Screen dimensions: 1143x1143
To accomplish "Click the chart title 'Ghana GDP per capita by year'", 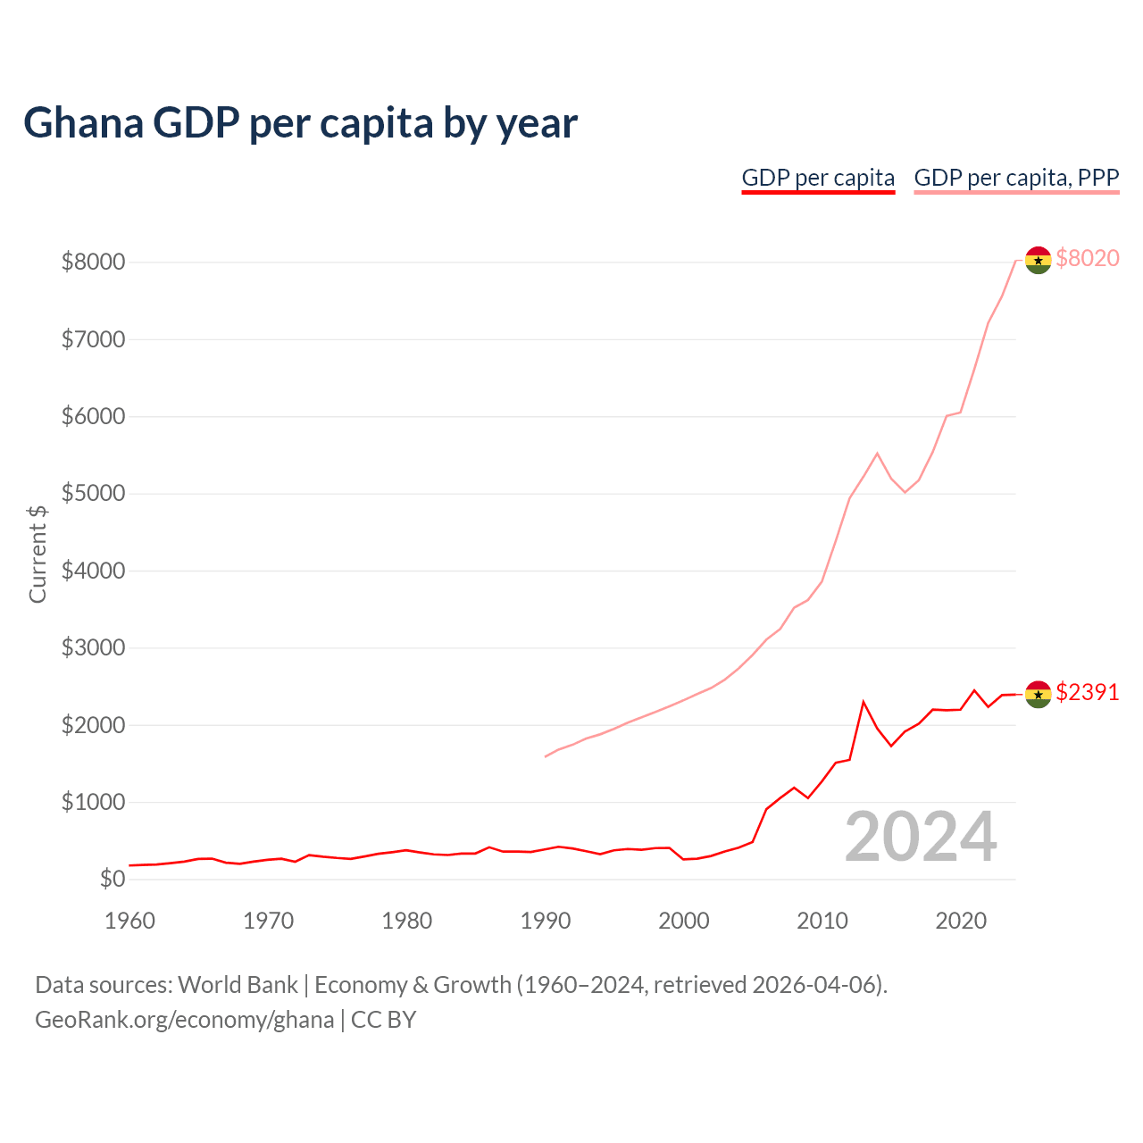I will (300, 122).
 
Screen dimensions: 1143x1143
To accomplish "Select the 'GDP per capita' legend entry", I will (818, 178).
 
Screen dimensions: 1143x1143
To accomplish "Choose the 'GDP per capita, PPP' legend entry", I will (1016, 178).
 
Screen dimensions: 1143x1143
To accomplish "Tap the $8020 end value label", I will (1087, 258).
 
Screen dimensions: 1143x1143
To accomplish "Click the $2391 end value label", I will (1087, 692).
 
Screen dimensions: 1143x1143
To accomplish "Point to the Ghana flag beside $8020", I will (1038, 260).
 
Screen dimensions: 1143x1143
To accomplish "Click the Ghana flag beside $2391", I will (1038, 694).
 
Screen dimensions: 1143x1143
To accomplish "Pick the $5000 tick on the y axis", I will (93, 493).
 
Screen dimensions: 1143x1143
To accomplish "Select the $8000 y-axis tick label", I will (93, 262).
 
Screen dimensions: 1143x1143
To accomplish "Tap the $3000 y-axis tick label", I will (93, 647).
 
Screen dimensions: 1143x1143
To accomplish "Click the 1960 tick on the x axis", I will (130, 920).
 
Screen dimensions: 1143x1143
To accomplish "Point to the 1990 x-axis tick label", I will (546, 920).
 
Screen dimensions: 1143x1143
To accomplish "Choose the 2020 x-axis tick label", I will (961, 920).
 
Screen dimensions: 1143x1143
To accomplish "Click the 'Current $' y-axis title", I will (38, 554).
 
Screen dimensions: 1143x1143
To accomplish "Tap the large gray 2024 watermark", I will (921, 837).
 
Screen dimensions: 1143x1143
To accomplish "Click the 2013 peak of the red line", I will (864, 702).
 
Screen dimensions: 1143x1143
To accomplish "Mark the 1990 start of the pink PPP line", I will (546, 756).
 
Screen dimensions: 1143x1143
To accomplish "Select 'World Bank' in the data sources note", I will (238, 985).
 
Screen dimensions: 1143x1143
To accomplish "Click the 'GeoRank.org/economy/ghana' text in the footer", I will (184, 1019).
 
